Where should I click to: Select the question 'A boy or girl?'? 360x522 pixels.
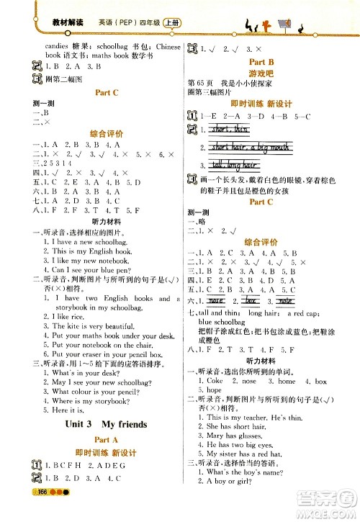pyautogui.click(x=235, y=481)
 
